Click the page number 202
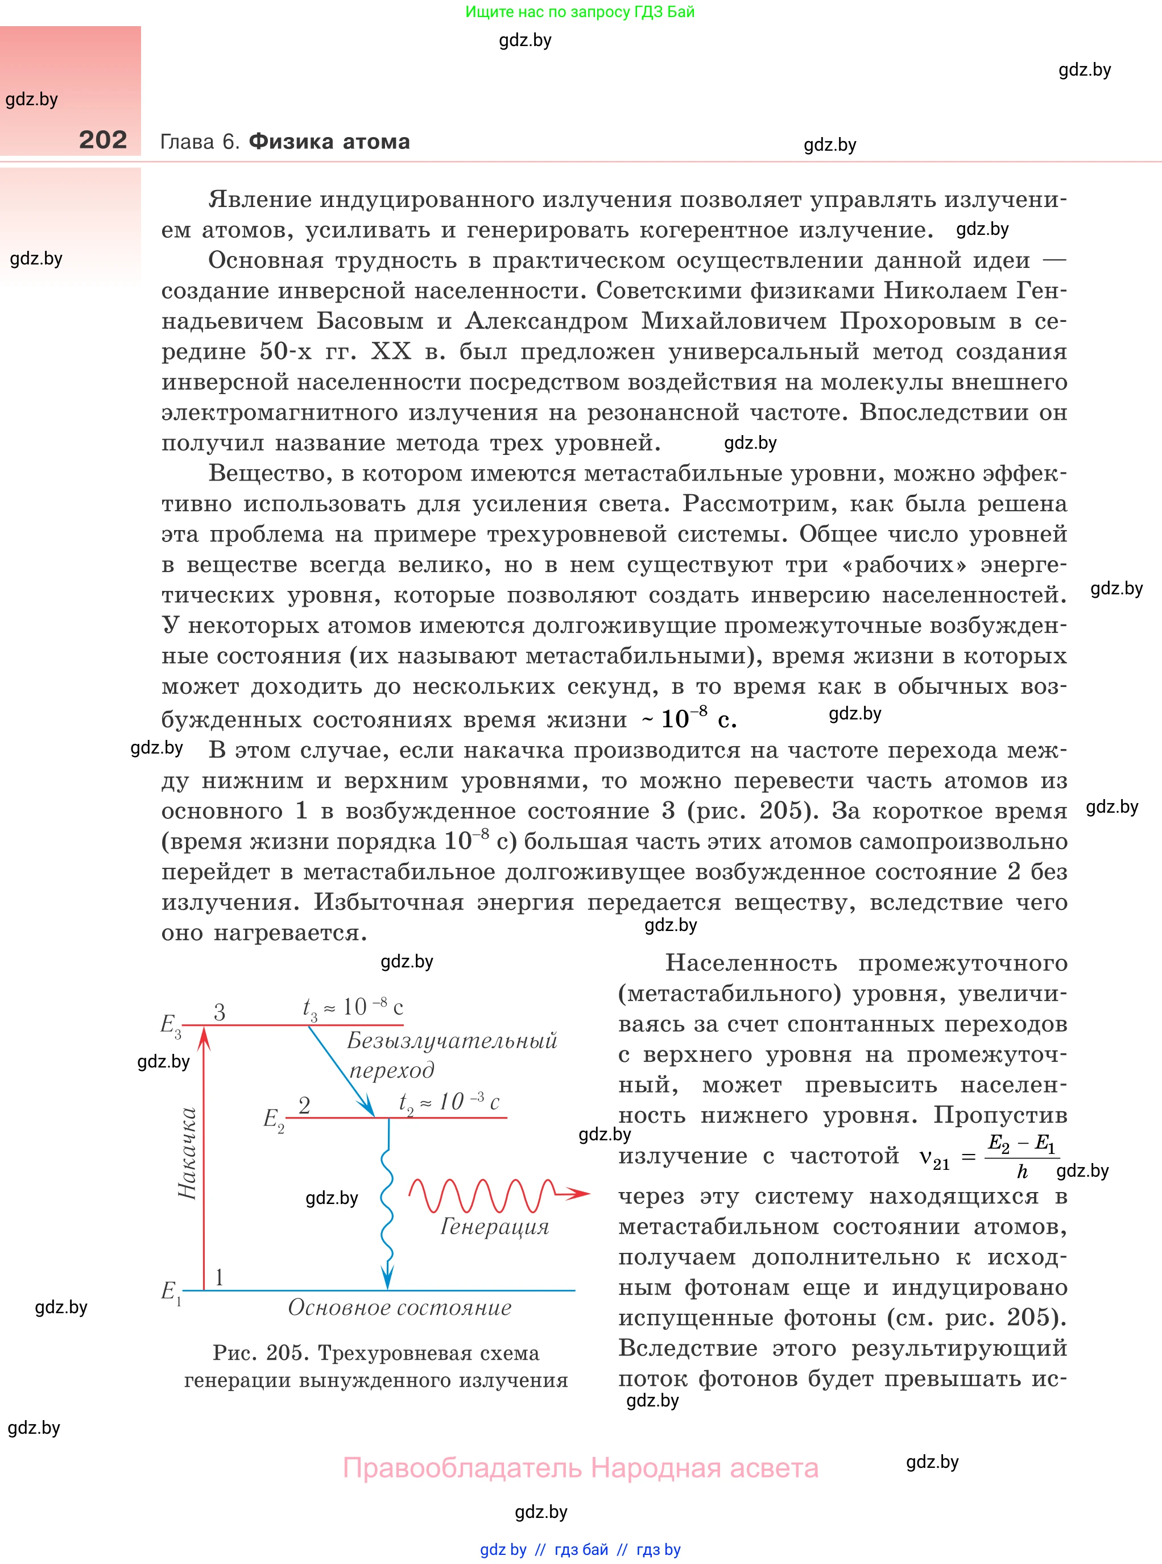point(103,140)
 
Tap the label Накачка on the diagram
point(187,1153)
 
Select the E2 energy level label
point(273,1119)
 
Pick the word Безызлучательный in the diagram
point(452,1040)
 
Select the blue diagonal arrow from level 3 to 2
point(341,1071)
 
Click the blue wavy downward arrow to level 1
point(387,1210)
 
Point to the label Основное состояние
point(399,1308)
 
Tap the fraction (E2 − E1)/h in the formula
point(1022,1157)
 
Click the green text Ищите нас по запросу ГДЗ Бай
point(580,12)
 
